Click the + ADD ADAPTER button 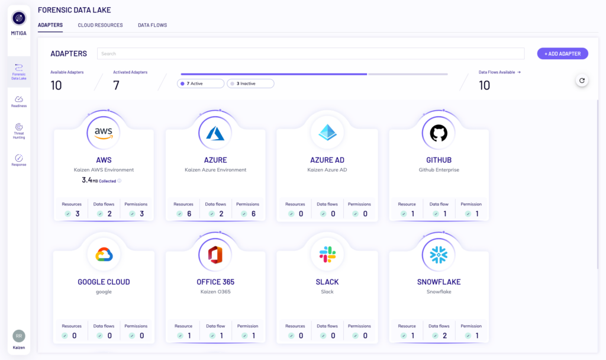(x=562, y=54)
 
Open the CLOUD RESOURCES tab (x=100, y=25)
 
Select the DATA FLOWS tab (x=152, y=25)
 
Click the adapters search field (x=311, y=54)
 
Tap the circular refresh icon (x=582, y=81)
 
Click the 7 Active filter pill (x=201, y=83)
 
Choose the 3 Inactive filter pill (x=250, y=83)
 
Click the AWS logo (x=104, y=133)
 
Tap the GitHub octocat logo (x=439, y=133)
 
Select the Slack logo (x=327, y=255)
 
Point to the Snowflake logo (x=439, y=255)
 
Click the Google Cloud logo (x=104, y=255)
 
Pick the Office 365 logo (x=215, y=255)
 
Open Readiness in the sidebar (x=18, y=102)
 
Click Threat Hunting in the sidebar (x=18, y=131)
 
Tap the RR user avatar (x=18, y=336)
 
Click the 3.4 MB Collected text (x=99, y=180)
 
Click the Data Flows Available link (x=499, y=72)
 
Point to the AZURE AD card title (x=327, y=160)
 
